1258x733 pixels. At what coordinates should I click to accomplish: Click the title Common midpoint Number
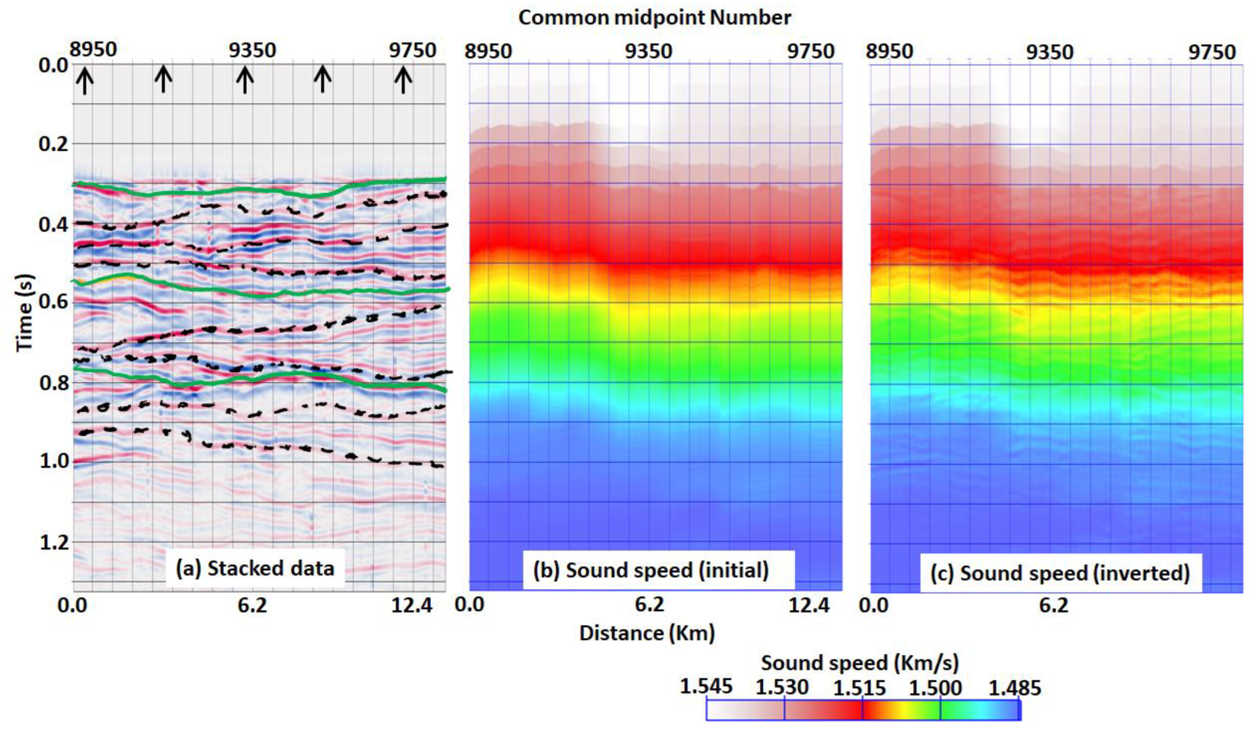655,18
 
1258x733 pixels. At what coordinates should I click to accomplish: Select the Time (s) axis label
24,313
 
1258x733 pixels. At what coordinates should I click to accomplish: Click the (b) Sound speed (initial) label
651,570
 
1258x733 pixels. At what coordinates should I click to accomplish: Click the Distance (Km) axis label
647,633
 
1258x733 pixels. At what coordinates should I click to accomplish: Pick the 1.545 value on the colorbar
706,687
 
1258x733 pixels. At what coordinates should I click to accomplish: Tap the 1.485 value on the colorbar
1015,688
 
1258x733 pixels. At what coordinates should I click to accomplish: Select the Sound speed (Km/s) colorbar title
860,663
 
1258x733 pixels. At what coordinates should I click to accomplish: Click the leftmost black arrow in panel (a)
85,81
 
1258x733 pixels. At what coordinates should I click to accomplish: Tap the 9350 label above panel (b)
649,51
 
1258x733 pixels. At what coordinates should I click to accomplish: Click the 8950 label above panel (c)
889,51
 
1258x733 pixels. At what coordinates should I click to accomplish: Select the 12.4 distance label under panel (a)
411,606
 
